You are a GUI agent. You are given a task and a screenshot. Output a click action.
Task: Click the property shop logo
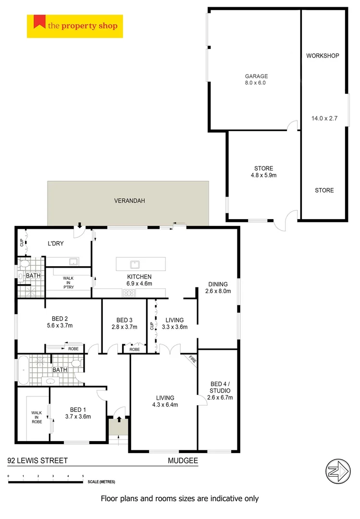click(x=75, y=26)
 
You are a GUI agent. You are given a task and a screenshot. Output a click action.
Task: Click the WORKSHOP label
click(x=323, y=56)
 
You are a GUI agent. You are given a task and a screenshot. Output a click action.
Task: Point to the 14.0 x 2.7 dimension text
click(x=324, y=117)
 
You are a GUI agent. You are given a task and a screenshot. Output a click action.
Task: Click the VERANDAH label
click(x=129, y=201)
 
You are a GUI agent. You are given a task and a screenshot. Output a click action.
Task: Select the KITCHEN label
click(x=139, y=277)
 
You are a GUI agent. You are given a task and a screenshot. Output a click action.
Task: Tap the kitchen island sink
click(x=135, y=264)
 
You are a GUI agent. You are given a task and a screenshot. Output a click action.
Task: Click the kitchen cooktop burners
click(x=128, y=292)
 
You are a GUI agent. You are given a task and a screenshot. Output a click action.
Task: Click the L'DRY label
click(x=55, y=244)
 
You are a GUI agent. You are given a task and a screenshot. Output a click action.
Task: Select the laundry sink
click(x=74, y=261)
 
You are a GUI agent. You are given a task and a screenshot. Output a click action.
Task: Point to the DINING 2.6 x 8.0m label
click(x=218, y=287)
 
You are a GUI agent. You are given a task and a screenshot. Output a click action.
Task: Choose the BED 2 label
click(x=59, y=319)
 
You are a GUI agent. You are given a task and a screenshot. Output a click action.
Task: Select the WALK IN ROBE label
click(x=37, y=417)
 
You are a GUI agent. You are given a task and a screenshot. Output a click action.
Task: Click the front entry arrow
click(x=119, y=420)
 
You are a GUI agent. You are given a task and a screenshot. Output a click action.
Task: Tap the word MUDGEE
click(x=183, y=460)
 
